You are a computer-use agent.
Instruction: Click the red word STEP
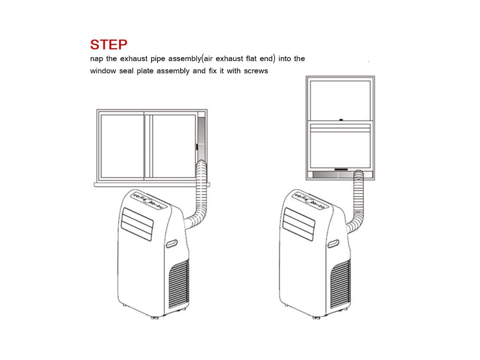(109, 45)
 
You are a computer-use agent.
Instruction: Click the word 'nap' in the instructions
(96, 59)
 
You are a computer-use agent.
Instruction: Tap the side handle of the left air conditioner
(172, 244)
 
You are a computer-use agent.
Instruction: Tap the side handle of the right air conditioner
(333, 244)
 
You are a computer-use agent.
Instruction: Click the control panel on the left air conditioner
(148, 201)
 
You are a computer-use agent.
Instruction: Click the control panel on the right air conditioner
(310, 201)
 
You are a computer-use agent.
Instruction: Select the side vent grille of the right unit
(340, 283)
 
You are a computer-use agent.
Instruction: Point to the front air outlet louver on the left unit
(137, 224)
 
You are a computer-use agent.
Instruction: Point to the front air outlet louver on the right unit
(299, 224)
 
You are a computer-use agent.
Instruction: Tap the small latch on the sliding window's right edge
(197, 147)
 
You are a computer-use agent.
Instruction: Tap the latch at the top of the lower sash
(341, 120)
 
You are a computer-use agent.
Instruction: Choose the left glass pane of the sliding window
(123, 146)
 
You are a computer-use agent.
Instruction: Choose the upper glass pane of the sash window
(340, 100)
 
